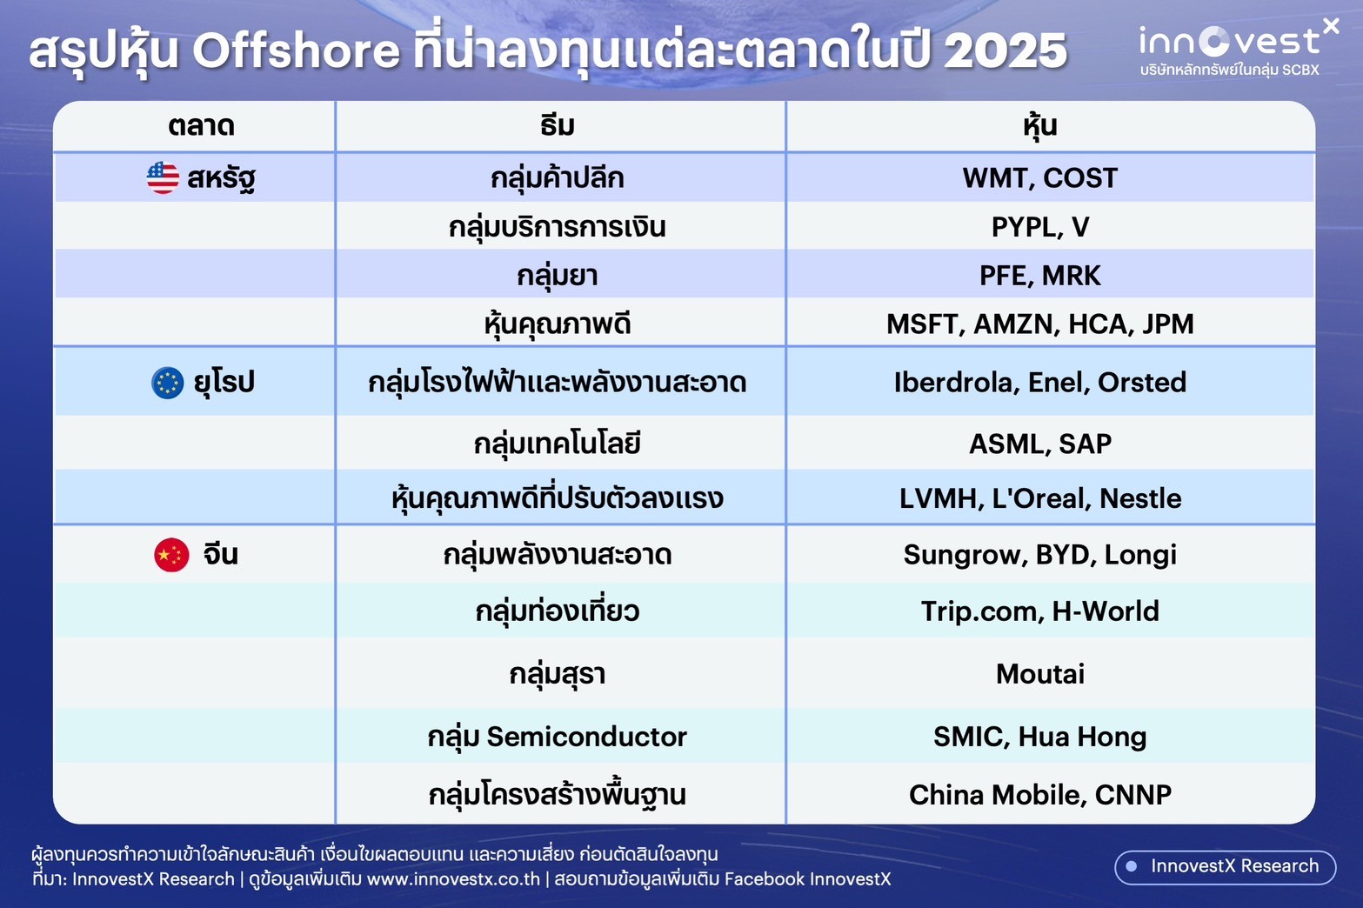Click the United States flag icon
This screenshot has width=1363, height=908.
click(163, 177)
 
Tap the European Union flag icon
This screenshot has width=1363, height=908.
click(167, 383)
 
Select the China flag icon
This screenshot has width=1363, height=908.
click(171, 554)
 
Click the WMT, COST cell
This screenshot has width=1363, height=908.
click(1040, 177)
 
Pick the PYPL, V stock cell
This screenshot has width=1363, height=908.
click(1040, 226)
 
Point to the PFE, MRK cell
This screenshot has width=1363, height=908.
click(1040, 275)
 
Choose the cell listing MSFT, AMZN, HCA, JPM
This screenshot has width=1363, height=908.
click(1040, 324)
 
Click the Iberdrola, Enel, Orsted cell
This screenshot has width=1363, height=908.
click(1040, 382)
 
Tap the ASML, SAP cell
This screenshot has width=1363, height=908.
click(1040, 443)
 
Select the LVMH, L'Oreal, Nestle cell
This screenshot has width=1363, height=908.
click(1040, 497)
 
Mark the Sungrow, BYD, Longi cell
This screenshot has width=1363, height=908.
click(1040, 554)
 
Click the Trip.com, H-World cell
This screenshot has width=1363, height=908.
click(1040, 611)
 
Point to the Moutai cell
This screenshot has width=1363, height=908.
click(1040, 674)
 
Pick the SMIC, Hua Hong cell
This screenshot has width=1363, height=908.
click(1040, 737)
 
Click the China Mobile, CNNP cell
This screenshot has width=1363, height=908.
click(1040, 794)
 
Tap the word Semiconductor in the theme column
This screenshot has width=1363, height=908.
click(586, 737)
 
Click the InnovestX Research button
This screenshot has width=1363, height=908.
click(1226, 866)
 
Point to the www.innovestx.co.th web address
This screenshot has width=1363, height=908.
click(453, 879)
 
